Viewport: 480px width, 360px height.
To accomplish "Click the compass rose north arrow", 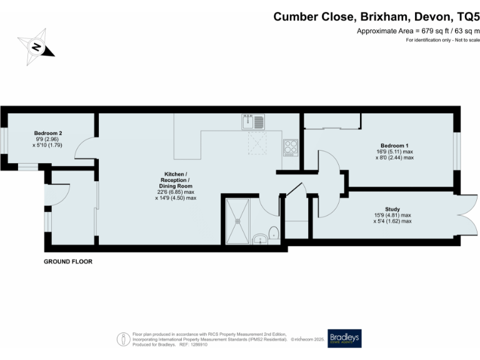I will [x=36, y=46].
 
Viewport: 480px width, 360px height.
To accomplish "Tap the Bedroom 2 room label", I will [x=47, y=133].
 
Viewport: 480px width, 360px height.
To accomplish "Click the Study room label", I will [x=392, y=209].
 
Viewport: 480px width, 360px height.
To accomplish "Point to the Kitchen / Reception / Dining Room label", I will [x=175, y=179].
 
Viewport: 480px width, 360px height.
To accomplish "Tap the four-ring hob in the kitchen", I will [x=291, y=147].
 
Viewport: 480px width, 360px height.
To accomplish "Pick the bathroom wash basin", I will [x=259, y=239].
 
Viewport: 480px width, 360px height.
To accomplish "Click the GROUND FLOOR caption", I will [x=67, y=261].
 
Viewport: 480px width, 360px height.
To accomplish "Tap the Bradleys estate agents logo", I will [x=344, y=338].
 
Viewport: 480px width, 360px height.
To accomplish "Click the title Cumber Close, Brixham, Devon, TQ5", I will [x=376, y=17].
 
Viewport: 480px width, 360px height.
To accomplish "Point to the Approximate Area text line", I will [x=417, y=31].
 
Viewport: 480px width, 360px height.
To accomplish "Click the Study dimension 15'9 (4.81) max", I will [x=392, y=215].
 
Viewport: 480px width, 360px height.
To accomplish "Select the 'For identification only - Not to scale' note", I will [x=442, y=40].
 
